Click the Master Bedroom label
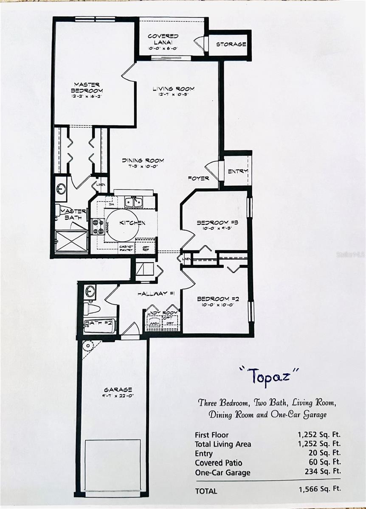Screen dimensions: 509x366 pyautogui.click(x=87, y=87)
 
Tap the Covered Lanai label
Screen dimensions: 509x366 pyautogui.click(x=163, y=39)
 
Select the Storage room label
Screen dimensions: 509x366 pyautogui.click(x=231, y=45)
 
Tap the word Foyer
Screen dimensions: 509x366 pyautogui.click(x=198, y=178)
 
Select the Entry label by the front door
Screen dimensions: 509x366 pyautogui.click(x=237, y=171)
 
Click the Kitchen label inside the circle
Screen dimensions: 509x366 pyautogui.click(x=132, y=223)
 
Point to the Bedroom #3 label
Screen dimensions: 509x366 pyautogui.click(x=213, y=223)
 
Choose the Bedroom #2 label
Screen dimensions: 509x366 pyautogui.click(x=218, y=299)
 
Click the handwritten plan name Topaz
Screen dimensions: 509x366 pyautogui.click(x=269, y=375)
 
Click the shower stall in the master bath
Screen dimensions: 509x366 pyautogui.click(x=71, y=241)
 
